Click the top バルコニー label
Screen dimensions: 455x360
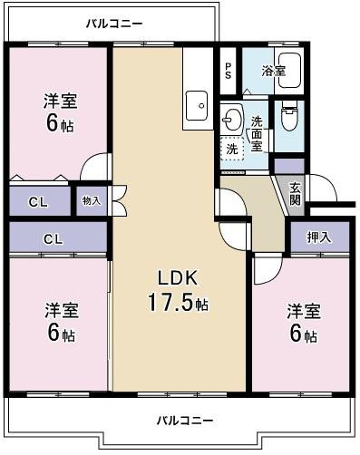click(113, 23)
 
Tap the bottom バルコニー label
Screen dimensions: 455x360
click(184, 421)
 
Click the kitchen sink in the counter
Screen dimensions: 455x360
click(198, 107)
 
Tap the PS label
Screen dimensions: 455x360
click(229, 71)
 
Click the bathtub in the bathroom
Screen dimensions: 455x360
click(288, 73)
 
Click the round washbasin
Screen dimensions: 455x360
click(233, 117)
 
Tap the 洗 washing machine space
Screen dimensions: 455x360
click(233, 149)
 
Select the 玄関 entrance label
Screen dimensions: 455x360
click(296, 193)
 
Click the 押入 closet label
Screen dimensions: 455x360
click(319, 237)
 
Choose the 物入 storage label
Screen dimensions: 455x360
click(92, 200)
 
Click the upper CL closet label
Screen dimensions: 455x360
click(37, 201)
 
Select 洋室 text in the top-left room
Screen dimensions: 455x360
click(62, 101)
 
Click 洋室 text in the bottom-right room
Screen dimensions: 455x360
click(304, 311)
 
